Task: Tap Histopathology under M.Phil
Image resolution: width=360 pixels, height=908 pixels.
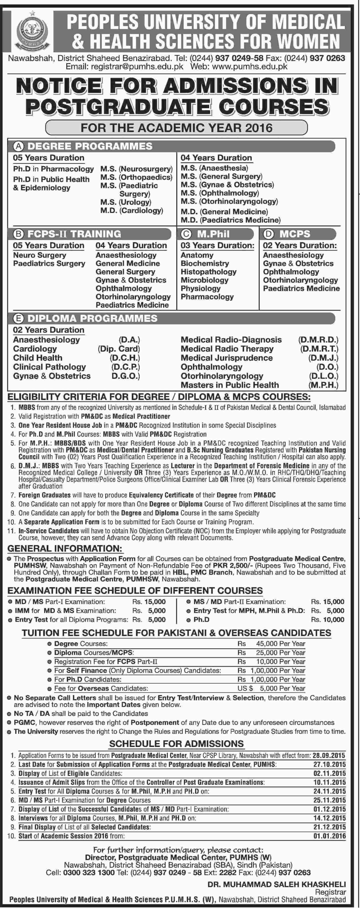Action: (208, 272)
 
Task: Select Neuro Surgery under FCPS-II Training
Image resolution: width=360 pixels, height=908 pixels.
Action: (40, 255)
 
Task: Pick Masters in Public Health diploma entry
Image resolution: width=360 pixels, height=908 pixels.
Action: (230, 385)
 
